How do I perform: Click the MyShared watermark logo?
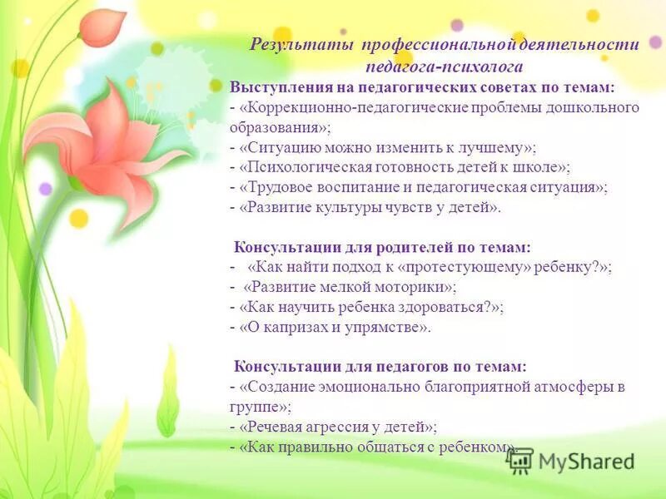574,461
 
